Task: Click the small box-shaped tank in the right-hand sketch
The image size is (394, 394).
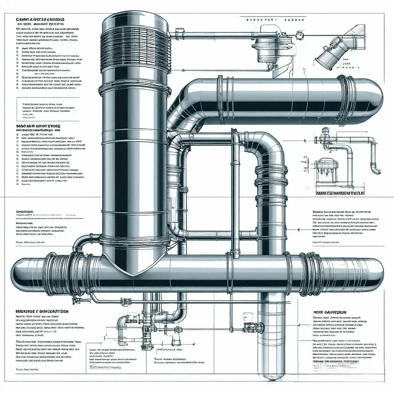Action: tap(326, 169)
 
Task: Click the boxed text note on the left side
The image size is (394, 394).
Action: tap(48, 109)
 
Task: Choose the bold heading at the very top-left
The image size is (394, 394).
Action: tap(40, 19)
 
